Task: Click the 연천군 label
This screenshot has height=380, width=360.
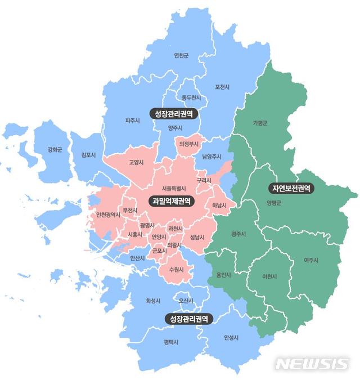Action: pyautogui.click(x=181, y=56)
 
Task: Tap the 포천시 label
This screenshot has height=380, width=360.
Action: pyautogui.click(x=222, y=87)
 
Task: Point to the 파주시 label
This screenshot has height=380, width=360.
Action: pyautogui.click(x=133, y=120)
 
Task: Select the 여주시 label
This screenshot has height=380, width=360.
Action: pyautogui.click(x=310, y=260)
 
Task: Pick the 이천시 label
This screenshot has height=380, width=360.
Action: pyautogui.click(x=269, y=276)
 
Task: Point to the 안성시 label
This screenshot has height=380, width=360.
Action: pyautogui.click(x=231, y=338)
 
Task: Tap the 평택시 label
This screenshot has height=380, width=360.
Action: pyautogui.click(x=171, y=342)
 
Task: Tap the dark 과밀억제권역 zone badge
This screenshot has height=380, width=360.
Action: pyautogui.click(x=171, y=200)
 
